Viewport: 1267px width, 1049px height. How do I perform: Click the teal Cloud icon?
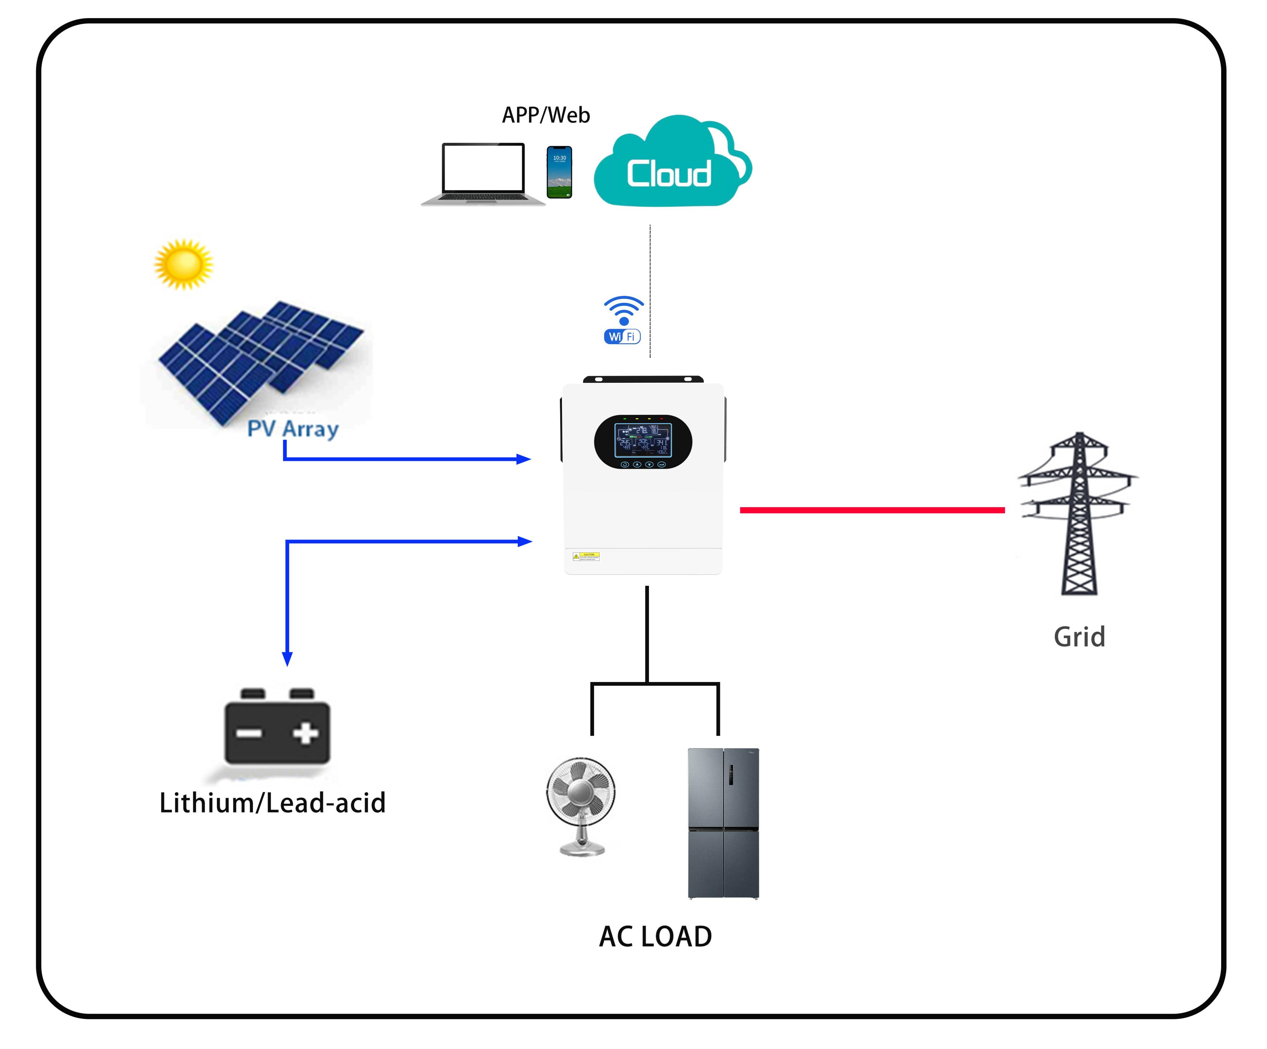(671, 163)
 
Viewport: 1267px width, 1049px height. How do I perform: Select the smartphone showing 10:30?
(559, 172)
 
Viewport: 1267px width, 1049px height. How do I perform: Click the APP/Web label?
(546, 115)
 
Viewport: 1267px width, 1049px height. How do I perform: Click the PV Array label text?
(293, 429)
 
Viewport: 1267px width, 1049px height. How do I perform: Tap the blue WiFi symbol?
(623, 320)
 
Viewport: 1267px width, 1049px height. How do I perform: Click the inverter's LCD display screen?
(643, 440)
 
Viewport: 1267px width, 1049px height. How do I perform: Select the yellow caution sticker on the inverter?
(586, 556)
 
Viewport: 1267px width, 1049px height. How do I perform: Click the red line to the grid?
(872, 510)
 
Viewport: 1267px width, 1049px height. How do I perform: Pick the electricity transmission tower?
(1079, 513)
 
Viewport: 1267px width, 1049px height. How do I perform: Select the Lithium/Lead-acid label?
(272, 803)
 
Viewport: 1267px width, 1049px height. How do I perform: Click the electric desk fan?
(581, 805)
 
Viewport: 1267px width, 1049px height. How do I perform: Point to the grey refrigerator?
(723, 823)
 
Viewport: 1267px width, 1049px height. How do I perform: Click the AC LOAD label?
(655, 937)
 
